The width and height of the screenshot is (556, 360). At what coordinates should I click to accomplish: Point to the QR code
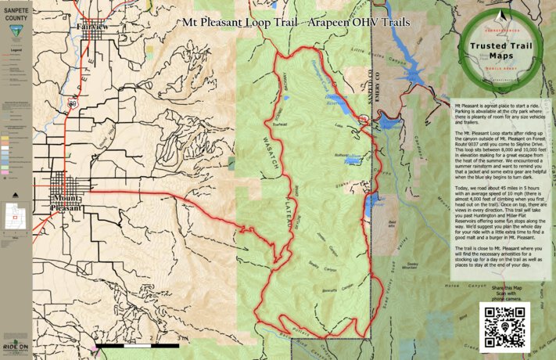pos(505,326)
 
